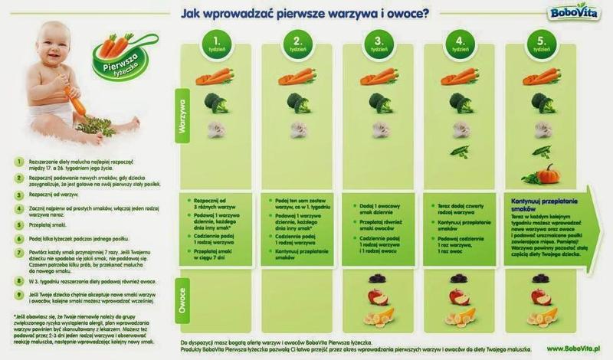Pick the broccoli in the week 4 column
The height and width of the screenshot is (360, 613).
(460, 102)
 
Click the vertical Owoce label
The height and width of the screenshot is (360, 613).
(184, 299)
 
